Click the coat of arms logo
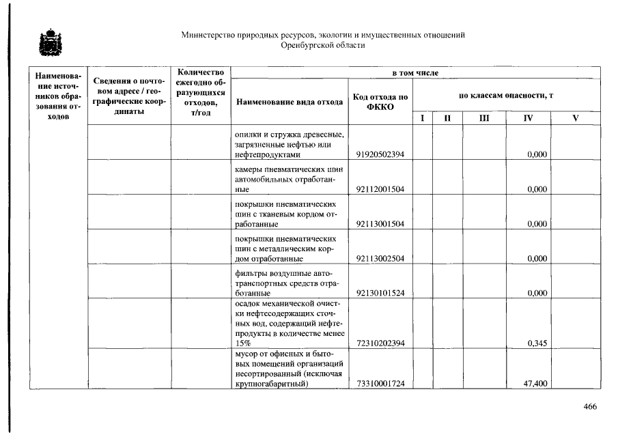pos(48,43)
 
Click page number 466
pos(590,407)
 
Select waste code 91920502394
pos(380,155)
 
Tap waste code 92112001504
pos(380,189)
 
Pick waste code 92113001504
pos(380,224)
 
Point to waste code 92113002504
pos(380,259)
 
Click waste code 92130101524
pos(380,294)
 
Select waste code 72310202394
pos(380,343)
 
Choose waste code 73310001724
pos(380,384)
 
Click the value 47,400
pos(535,384)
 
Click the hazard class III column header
pos(483,118)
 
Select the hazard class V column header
pos(575,118)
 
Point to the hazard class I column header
pos(422,118)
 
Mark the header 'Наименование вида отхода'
pos(290,102)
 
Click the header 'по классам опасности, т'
pos(505,96)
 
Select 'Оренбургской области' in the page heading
pos(323,45)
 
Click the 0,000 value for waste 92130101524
pos(538,294)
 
